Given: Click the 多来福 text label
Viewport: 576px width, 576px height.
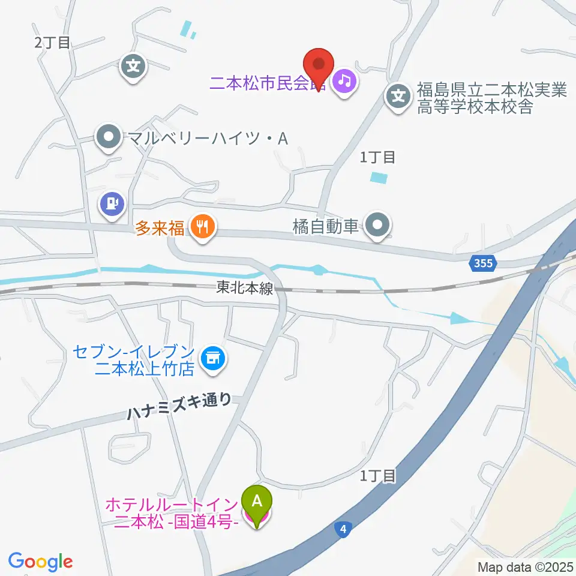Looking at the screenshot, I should (x=160, y=228).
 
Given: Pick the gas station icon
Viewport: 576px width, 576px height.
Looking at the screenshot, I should (x=112, y=203).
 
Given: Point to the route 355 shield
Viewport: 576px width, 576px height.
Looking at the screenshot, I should (x=482, y=263).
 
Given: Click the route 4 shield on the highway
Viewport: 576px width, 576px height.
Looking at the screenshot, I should (x=342, y=529).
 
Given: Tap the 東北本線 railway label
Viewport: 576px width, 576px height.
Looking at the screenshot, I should (x=244, y=289).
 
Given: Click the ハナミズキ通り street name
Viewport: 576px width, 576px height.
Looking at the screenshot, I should (x=179, y=407).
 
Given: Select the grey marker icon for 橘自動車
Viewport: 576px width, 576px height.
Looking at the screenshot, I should (x=378, y=226).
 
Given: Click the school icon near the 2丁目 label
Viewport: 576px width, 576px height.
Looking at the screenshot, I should (x=133, y=65).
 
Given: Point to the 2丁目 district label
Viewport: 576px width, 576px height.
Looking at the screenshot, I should (x=52, y=42).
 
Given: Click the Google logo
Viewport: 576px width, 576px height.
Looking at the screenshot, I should (x=40, y=562).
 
